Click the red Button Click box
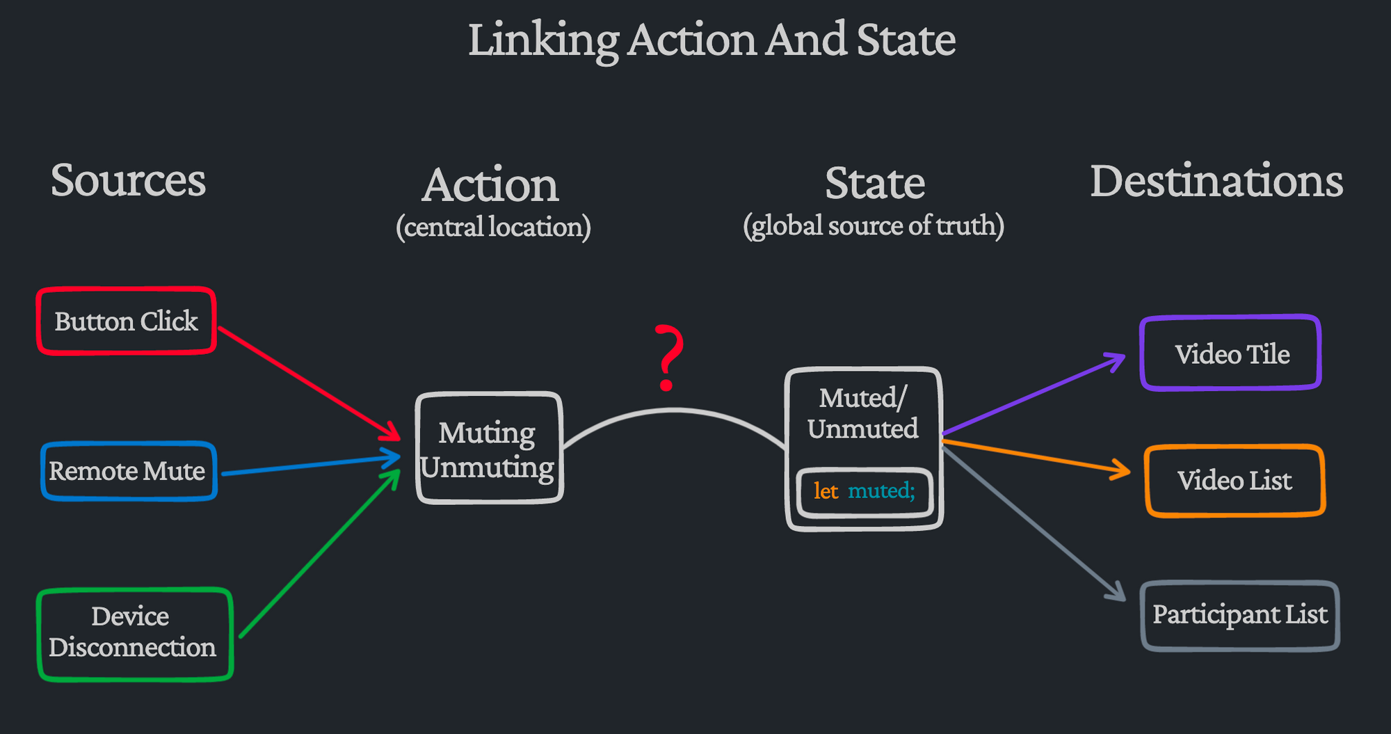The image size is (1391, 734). pos(126,321)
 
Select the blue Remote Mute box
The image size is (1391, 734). pos(128,471)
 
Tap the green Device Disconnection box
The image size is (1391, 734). pos(134,633)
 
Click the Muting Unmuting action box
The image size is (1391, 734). pos(488,449)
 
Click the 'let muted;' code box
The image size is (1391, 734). pos(864,492)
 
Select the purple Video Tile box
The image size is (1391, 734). pos(1231,353)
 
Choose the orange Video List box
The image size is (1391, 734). pos(1235,481)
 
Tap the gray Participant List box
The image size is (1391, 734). pos(1239,615)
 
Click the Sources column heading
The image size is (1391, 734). pos(128,180)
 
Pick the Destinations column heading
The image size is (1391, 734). pos(1216,181)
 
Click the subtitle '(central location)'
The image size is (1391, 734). pos(493,227)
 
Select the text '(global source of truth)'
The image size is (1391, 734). pos(874,225)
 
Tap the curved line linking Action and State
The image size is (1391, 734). pos(673,411)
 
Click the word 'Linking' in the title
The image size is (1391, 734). pos(542,40)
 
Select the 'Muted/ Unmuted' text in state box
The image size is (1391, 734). pos(862,413)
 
